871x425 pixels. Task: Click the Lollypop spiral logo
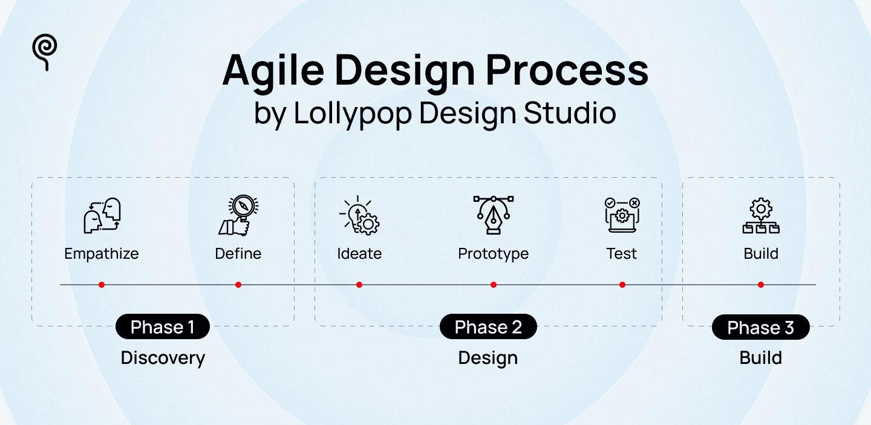coord(45,51)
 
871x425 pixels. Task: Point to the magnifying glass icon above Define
coord(238,215)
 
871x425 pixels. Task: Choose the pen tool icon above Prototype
coord(493,215)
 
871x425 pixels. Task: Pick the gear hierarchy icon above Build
coord(760,216)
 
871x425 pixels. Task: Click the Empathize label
coord(102,253)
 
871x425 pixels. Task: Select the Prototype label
coord(493,253)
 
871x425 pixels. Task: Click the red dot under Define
coord(238,285)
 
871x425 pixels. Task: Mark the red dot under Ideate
coord(359,285)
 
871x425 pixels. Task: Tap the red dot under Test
coord(622,285)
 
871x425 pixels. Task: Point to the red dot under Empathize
coord(102,285)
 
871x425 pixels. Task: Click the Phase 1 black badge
coord(163,327)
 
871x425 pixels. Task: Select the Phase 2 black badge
coord(488,327)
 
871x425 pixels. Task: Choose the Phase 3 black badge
coord(760,328)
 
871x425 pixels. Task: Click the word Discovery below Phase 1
coord(163,358)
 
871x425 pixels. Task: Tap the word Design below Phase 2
coord(488,358)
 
